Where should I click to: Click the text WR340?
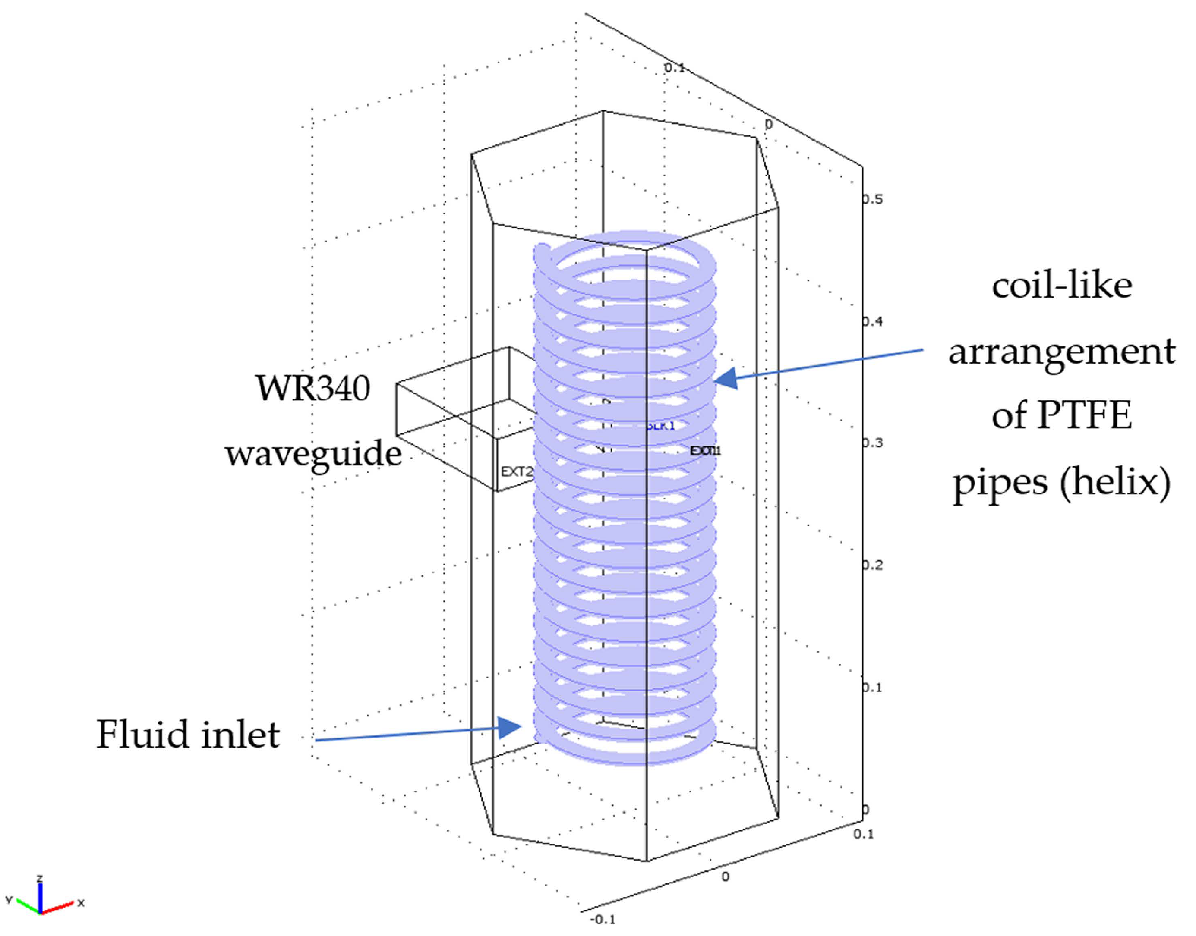click(x=313, y=389)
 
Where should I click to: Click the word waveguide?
click(x=313, y=454)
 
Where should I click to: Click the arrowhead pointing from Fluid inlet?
click(x=510, y=728)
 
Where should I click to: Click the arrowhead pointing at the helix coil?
click(x=726, y=378)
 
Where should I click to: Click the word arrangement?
click(x=1062, y=351)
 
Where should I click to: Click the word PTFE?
click(x=1085, y=415)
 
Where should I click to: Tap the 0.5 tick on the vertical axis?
click(x=872, y=199)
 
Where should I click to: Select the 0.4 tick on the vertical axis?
click(x=872, y=321)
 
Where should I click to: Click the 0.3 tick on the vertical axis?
click(x=872, y=443)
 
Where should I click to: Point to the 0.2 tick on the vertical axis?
click(x=872, y=565)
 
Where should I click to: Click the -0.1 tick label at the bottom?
click(x=602, y=920)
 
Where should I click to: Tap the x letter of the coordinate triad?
click(x=81, y=902)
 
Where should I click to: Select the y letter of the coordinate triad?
click(x=9, y=899)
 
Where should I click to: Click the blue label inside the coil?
click(x=661, y=426)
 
